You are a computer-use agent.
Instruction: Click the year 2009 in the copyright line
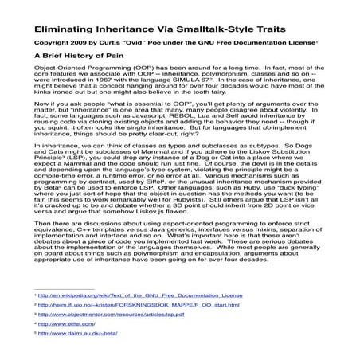click(78, 42)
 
